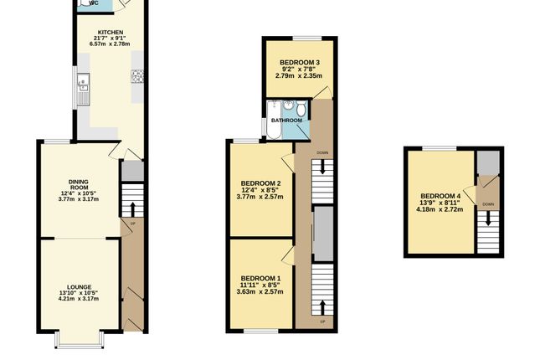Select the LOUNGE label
(80, 286)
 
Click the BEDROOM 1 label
(261, 278)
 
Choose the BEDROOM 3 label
(299, 63)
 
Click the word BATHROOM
(285, 121)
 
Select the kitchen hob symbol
(136, 77)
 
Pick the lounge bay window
(68, 341)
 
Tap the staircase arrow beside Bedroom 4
(487, 221)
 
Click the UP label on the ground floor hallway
(131, 224)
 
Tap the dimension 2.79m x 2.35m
(299, 76)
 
